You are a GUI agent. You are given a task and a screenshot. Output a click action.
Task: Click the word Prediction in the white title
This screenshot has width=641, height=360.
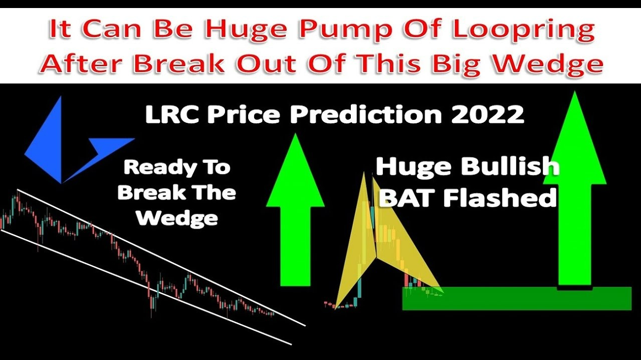[x=366, y=114]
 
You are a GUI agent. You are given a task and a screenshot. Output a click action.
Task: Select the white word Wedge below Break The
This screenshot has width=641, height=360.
[x=177, y=219]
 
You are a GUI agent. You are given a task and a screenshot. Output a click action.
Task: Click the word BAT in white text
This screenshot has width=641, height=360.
[x=408, y=198]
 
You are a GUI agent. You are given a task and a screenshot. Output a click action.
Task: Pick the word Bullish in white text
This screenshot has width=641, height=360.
[x=510, y=166]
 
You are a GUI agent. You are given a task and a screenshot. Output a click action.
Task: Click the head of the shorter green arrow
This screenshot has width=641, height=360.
[x=295, y=170]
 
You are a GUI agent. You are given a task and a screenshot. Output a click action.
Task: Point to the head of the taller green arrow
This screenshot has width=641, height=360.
[x=575, y=137]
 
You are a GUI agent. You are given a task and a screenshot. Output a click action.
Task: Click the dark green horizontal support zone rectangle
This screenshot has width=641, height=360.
[x=517, y=298]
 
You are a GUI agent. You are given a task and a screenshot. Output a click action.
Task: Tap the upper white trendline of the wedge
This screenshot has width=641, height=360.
[x=161, y=258]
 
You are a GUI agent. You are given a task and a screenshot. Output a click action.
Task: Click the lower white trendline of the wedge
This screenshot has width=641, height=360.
[x=146, y=287]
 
